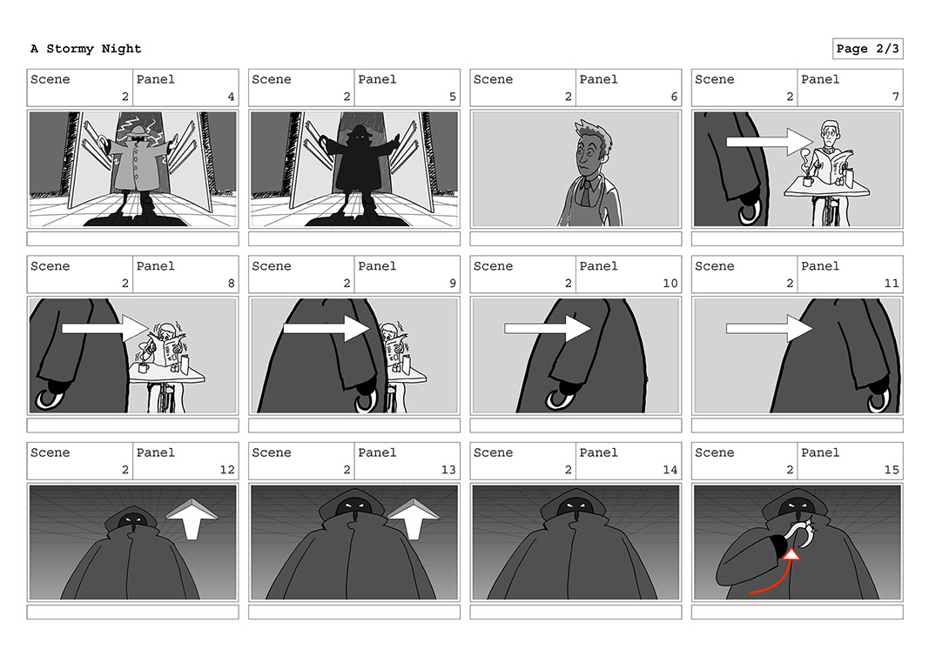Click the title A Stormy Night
point(86,49)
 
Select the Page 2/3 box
point(867,49)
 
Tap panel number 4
point(231,97)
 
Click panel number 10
point(670,283)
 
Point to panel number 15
point(892,470)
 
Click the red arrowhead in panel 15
point(791,554)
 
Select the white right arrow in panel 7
point(770,142)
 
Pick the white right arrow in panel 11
point(770,328)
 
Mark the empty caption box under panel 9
point(354,425)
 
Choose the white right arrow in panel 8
point(104,328)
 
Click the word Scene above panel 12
point(50,452)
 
